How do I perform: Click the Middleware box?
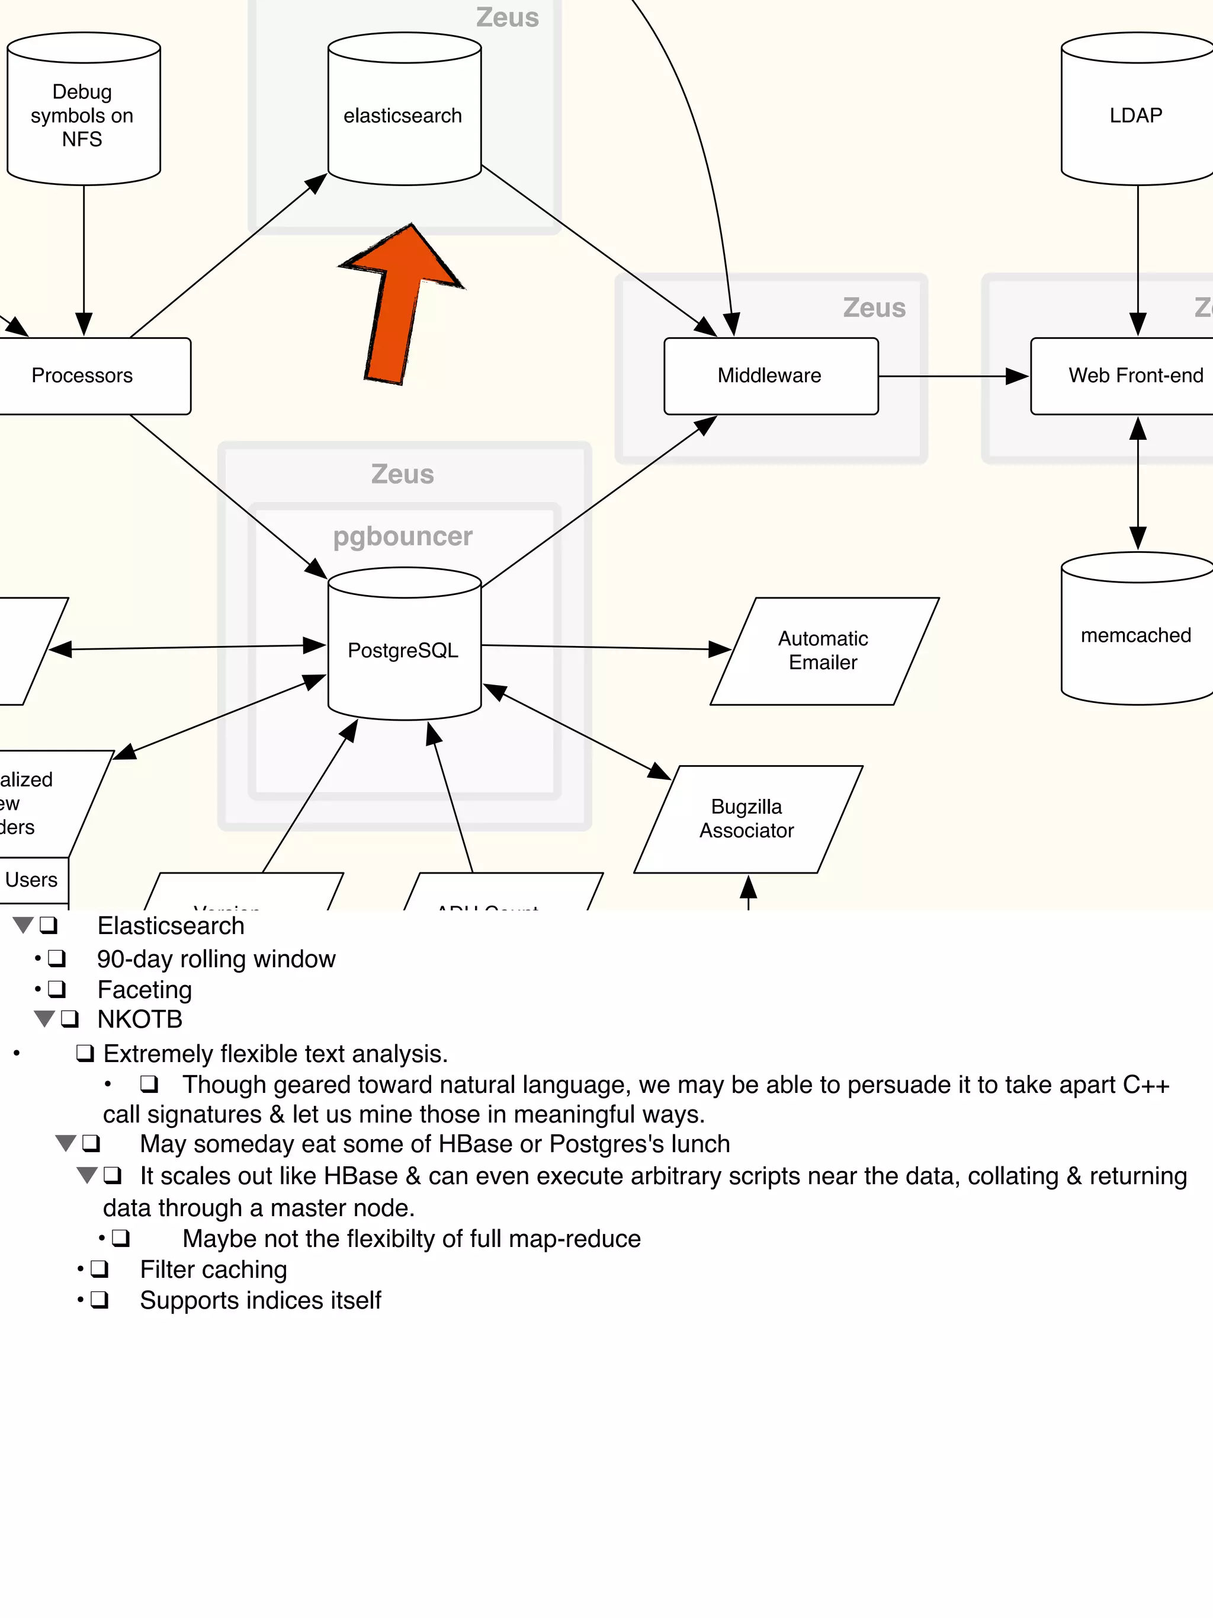tap(771, 376)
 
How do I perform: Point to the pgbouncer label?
tap(403, 536)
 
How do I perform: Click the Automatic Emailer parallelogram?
tap(824, 651)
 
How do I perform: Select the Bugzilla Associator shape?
tap(748, 818)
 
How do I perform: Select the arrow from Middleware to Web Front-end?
tap(951, 376)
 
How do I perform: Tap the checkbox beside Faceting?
tap(56, 989)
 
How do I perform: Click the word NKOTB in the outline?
tap(140, 1019)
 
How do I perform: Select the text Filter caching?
tap(213, 1269)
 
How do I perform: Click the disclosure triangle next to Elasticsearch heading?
tap(23, 925)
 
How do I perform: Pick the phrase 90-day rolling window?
tap(216, 959)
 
